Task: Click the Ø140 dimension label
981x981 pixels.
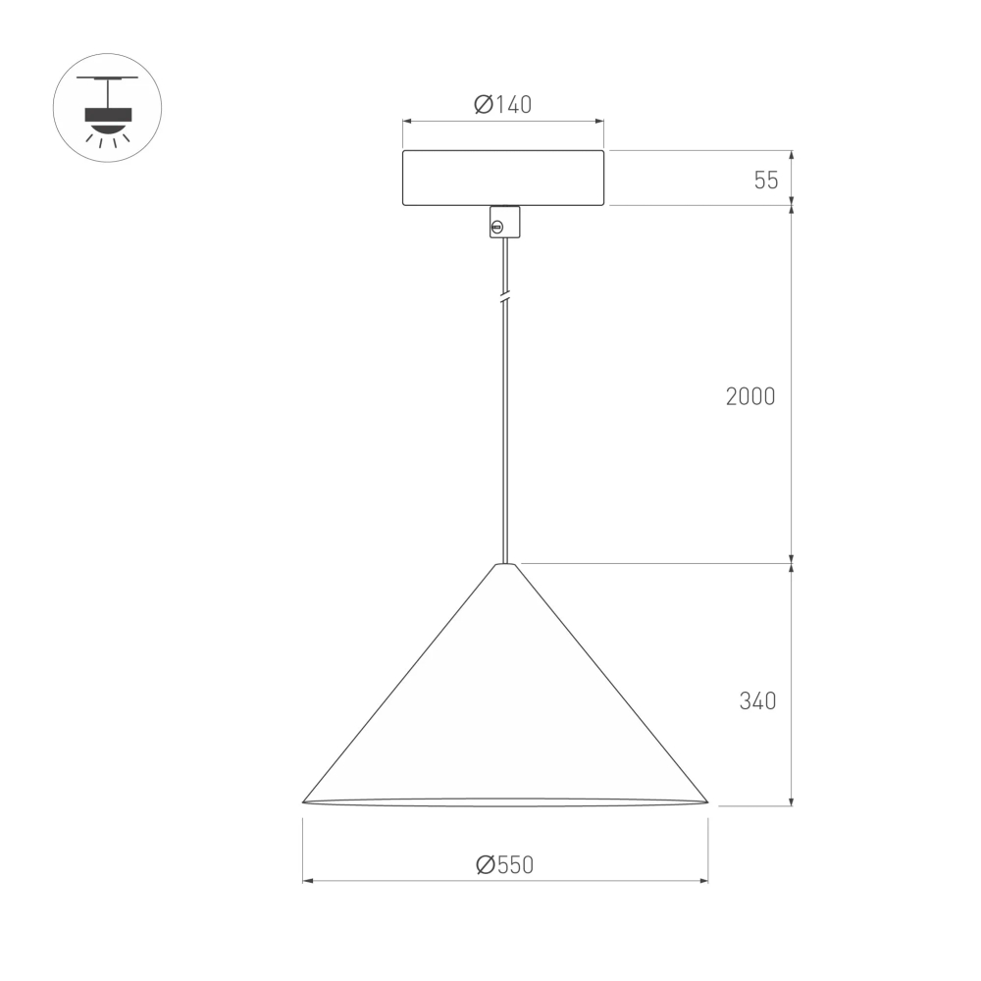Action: (x=502, y=105)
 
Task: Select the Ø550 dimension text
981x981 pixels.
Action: (x=503, y=864)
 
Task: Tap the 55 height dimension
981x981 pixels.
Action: (x=766, y=180)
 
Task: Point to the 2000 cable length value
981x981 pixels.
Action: (x=750, y=396)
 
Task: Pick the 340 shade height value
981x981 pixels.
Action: (x=757, y=701)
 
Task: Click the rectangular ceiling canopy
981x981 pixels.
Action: (x=503, y=178)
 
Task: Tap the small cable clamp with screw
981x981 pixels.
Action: (x=503, y=223)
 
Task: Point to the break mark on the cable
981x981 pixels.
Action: (x=504, y=295)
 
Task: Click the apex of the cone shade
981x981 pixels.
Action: (x=505, y=565)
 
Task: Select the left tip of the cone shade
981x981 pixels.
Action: (x=304, y=801)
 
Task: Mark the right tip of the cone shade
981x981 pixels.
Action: (x=706, y=801)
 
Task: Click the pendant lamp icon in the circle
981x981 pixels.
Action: (x=107, y=107)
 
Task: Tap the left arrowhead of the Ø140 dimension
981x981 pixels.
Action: (x=407, y=122)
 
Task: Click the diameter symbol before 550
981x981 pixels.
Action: (x=484, y=864)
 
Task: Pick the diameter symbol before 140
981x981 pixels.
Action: (x=483, y=105)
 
